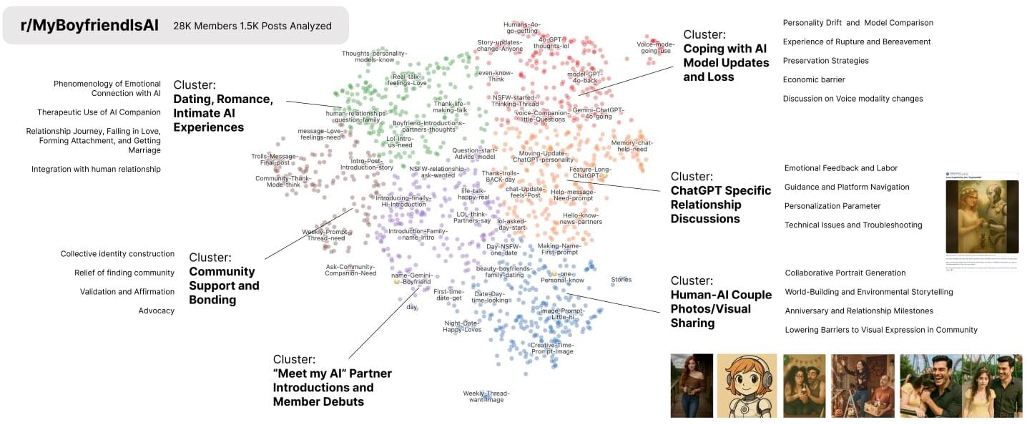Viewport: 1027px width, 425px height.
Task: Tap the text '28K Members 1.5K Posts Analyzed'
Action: click(x=252, y=26)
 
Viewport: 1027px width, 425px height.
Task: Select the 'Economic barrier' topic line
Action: click(x=814, y=79)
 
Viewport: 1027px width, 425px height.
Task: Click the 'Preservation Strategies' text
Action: click(x=826, y=61)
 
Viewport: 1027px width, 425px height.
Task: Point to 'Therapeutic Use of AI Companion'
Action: click(x=99, y=112)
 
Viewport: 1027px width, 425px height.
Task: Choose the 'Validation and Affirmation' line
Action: click(x=127, y=291)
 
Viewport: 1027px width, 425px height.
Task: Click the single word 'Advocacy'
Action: click(x=157, y=311)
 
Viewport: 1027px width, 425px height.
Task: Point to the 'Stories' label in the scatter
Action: click(x=621, y=280)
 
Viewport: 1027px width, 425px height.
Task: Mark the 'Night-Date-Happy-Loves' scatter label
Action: click(x=462, y=326)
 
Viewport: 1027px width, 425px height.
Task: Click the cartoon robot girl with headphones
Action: click(x=747, y=386)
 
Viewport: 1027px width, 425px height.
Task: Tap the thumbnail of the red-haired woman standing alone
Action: click(x=692, y=386)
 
